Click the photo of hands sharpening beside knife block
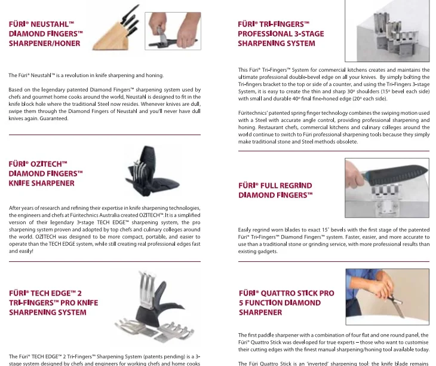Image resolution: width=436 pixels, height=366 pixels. point(172,28)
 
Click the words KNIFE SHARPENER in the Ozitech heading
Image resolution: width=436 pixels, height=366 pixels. point(42,182)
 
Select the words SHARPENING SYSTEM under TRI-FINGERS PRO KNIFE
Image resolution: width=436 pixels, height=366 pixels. point(47,312)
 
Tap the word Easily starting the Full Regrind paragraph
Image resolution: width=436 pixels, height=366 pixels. point(245,230)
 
